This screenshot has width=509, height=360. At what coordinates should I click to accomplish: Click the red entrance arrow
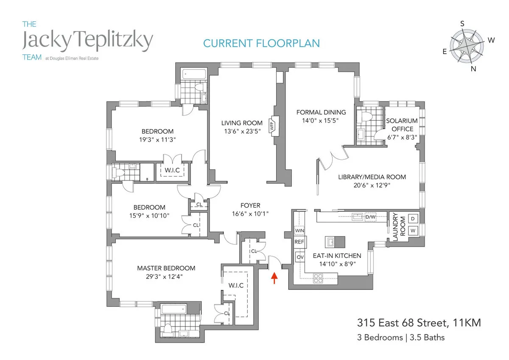(x=274, y=278)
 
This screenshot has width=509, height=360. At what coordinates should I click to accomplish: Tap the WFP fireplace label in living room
(x=274, y=125)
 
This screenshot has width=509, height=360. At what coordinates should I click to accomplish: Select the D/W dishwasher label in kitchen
(x=371, y=217)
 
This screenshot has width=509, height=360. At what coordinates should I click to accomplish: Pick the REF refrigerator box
(x=299, y=242)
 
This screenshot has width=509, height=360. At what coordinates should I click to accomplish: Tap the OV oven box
(x=299, y=257)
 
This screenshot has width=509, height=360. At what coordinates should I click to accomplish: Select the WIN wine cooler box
(x=299, y=231)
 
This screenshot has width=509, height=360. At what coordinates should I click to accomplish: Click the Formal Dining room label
(x=321, y=112)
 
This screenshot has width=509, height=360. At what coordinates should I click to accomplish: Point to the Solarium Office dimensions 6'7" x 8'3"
(x=402, y=137)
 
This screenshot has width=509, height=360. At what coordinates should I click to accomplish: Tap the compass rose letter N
(x=473, y=69)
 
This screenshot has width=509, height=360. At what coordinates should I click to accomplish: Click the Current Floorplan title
(x=261, y=43)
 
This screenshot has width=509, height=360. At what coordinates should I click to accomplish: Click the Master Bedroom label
(x=166, y=268)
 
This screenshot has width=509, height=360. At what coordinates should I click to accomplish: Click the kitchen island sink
(x=330, y=242)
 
